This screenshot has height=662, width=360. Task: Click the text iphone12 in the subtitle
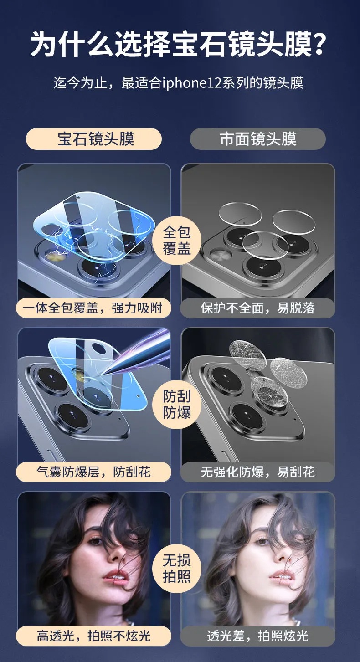click(192, 83)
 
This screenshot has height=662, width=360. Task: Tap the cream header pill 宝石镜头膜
click(94, 139)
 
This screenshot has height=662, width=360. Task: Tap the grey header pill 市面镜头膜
click(258, 139)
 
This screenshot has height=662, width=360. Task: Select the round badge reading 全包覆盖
click(177, 240)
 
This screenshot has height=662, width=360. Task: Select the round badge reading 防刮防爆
click(177, 404)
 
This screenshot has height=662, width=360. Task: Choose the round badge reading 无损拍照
click(177, 568)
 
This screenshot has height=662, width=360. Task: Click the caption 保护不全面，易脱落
click(258, 308)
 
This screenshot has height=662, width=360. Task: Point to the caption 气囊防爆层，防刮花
click(93, 472)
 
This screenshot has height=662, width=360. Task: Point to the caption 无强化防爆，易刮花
click(258, 472)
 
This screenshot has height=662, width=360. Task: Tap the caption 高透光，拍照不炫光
click(93, 636)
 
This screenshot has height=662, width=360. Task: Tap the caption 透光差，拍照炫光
click(258, 636)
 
